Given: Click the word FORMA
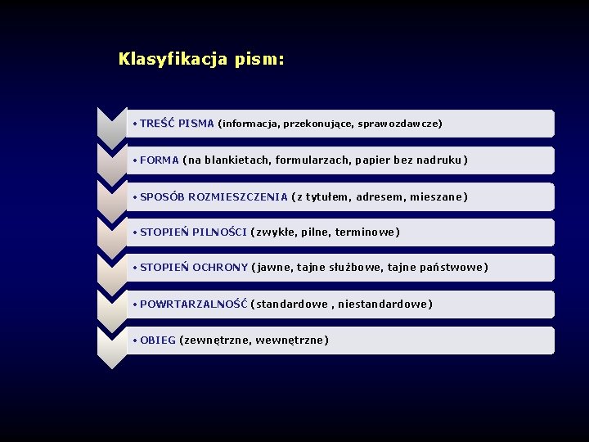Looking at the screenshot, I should pos(160,160).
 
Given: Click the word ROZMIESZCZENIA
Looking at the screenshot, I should pos(238,197).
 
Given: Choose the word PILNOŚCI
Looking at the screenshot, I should pos(219,232).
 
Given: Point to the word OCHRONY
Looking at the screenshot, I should pos(220,268).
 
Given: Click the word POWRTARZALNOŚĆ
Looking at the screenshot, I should pos(194,304).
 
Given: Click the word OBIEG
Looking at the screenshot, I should pos(158,341).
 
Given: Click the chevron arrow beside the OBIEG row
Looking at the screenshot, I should pos(112,344).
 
